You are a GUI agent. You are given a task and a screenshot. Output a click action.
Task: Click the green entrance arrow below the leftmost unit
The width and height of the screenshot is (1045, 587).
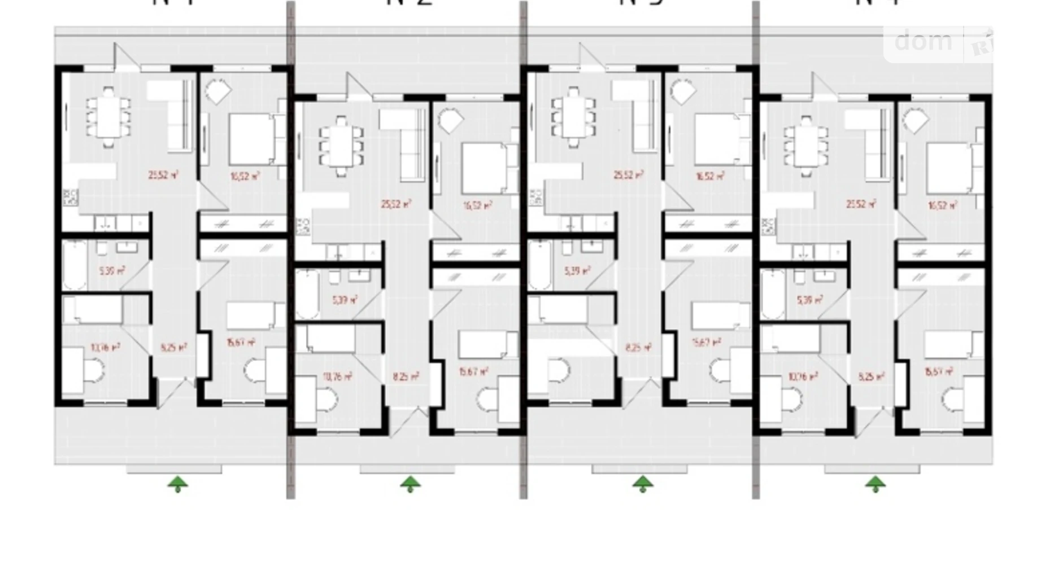178,484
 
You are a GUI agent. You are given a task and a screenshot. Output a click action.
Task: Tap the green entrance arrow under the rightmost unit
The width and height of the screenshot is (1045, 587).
875,484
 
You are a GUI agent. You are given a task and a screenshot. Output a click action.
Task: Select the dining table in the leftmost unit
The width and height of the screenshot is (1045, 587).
108,117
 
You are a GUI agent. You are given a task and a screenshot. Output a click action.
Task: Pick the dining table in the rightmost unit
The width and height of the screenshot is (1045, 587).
805,147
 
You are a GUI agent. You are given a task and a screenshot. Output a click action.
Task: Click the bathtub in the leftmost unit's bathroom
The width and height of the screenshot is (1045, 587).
74,264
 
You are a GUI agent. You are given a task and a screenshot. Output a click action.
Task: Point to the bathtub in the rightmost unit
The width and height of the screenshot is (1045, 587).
772,294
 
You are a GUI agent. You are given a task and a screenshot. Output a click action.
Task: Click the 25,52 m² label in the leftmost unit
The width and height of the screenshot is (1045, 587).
163,176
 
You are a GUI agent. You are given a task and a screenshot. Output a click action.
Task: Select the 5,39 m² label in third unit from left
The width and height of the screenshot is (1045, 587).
577,271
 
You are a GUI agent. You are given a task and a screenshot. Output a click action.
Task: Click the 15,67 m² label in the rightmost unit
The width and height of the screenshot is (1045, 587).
938,372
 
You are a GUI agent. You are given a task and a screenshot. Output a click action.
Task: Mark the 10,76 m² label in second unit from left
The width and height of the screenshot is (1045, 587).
337,376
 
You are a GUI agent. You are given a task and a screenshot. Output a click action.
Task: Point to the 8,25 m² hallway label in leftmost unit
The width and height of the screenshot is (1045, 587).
173,348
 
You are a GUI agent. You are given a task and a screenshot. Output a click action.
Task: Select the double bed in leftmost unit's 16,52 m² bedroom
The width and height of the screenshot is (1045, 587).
252,139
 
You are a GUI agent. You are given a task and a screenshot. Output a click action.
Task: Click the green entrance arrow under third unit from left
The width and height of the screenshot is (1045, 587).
642,484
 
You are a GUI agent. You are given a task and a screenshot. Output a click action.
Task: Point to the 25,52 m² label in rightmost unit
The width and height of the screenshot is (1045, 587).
860,204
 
